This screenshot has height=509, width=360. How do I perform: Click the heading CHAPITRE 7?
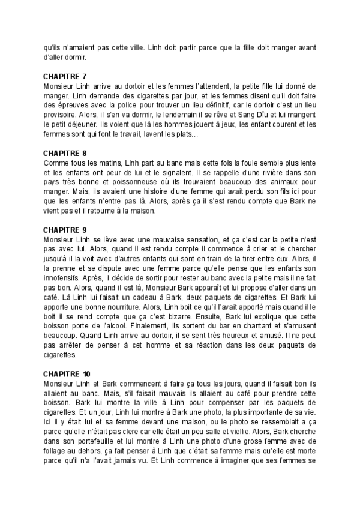point(65,77)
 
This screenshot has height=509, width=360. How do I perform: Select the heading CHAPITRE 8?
point(65,153)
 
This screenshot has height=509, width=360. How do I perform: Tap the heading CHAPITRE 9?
point(65,230)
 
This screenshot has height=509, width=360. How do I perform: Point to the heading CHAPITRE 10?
point(67,373)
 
